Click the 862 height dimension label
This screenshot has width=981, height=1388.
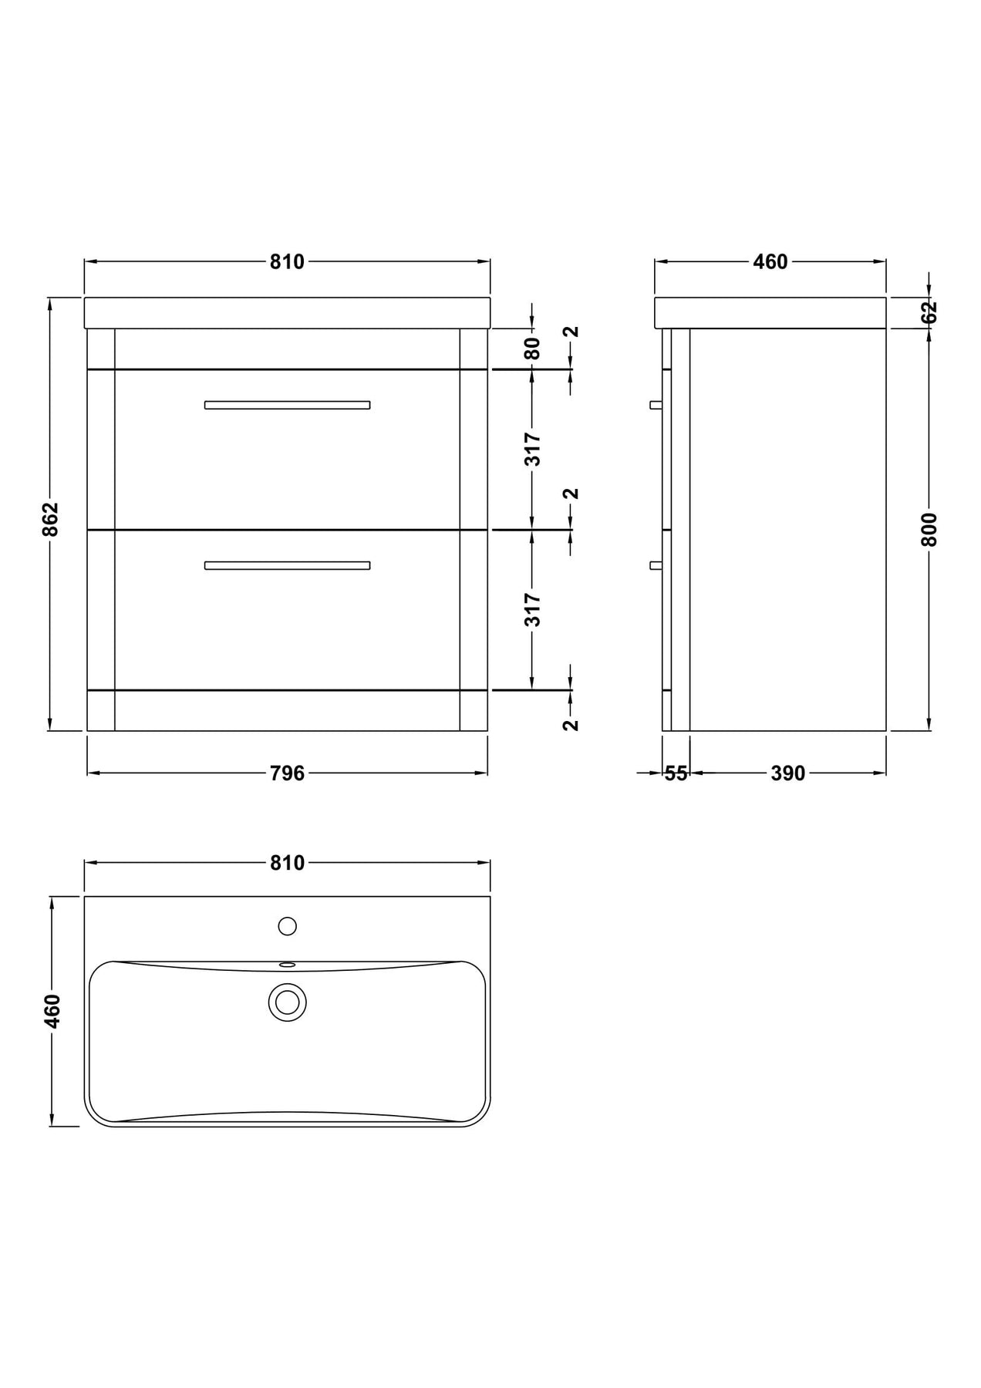click(50, 519)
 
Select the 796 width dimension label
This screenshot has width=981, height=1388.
click(288, 773)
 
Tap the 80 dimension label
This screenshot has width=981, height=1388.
click(532, 349)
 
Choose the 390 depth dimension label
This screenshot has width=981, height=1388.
click(788, 773)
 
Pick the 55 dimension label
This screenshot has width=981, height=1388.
click(676, 773)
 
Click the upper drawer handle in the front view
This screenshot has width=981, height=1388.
click(287, 405)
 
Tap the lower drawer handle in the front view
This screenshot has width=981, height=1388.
click(287, 565)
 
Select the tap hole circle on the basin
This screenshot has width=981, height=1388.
click(288, 926)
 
